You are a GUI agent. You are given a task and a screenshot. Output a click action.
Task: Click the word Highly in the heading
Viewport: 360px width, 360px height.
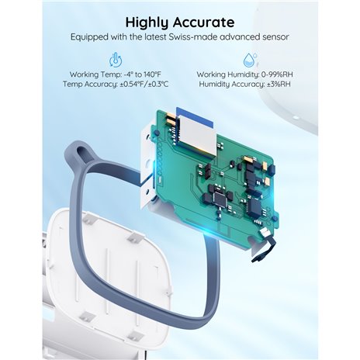(147, 22)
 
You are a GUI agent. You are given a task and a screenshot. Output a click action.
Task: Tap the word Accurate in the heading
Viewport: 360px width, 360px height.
(203, 22)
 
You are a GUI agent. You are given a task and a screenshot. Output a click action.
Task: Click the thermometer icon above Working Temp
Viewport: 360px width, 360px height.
(116, 60)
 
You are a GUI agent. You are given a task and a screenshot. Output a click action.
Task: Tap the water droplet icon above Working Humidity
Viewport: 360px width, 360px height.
(250, 60)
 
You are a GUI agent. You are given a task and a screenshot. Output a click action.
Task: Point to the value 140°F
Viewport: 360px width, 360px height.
(152, 74)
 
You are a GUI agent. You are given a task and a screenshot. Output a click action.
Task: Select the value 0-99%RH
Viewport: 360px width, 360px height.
(277, 74)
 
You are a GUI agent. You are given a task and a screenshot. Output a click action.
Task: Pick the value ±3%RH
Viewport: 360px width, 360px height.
(279, 84)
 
